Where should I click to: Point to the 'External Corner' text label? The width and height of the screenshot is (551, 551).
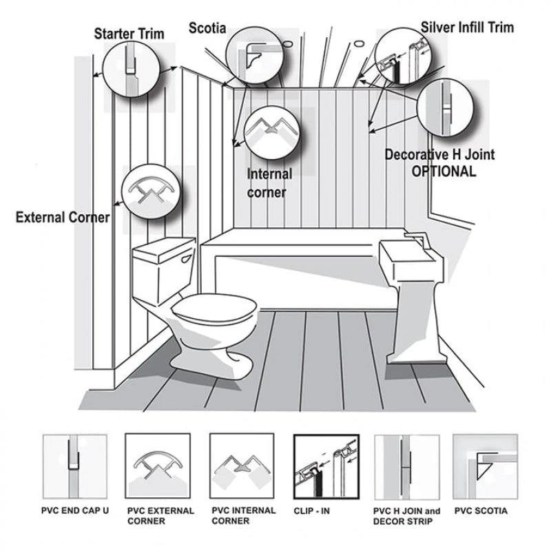click(63, 218)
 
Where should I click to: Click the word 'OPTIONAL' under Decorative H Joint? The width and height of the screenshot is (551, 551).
click(444, 171)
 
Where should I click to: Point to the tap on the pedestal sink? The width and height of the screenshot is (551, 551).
click(417, 240)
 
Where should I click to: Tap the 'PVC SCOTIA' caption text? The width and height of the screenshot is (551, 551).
click(481, 511)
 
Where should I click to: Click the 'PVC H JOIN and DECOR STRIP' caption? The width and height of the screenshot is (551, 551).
click(406, 516)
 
